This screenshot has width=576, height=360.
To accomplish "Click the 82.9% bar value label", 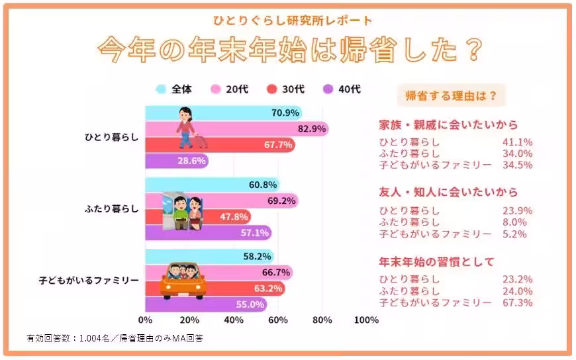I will [312, 128].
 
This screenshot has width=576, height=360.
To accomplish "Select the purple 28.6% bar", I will [176, 161].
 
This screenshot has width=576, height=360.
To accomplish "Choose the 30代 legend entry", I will [287, 89].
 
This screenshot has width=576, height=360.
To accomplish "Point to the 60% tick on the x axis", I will [278, 321].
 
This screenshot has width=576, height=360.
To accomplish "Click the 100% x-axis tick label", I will [366, 321].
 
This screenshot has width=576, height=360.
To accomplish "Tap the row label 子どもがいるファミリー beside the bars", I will [89, 280].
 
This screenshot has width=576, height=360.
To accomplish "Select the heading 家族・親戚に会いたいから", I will [448, 125].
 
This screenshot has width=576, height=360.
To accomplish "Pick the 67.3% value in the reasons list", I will [518, 302].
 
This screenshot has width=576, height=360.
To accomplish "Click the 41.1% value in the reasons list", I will [518, 142].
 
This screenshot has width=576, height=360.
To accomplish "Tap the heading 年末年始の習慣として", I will [436, 262].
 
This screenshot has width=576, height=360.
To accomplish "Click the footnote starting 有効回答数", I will [115, 339].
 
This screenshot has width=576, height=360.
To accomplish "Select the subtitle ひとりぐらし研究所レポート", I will [287, 21].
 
